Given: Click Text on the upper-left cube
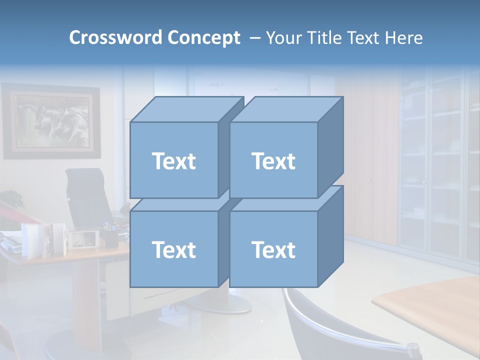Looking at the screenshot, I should coord(173,161).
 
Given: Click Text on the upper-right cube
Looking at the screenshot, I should coord(273,161).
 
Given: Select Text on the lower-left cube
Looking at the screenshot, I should coord(173,249).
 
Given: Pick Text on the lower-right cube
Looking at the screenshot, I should coord(273,249).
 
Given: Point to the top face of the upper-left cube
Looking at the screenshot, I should coord(186,109).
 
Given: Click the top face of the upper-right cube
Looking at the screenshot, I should coord(286,109).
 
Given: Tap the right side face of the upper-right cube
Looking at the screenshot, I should coord(330,147).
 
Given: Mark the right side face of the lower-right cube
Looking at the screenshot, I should coord(330,236).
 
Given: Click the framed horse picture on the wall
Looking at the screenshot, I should coord(51,121).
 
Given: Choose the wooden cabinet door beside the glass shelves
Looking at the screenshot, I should coord(370,160).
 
